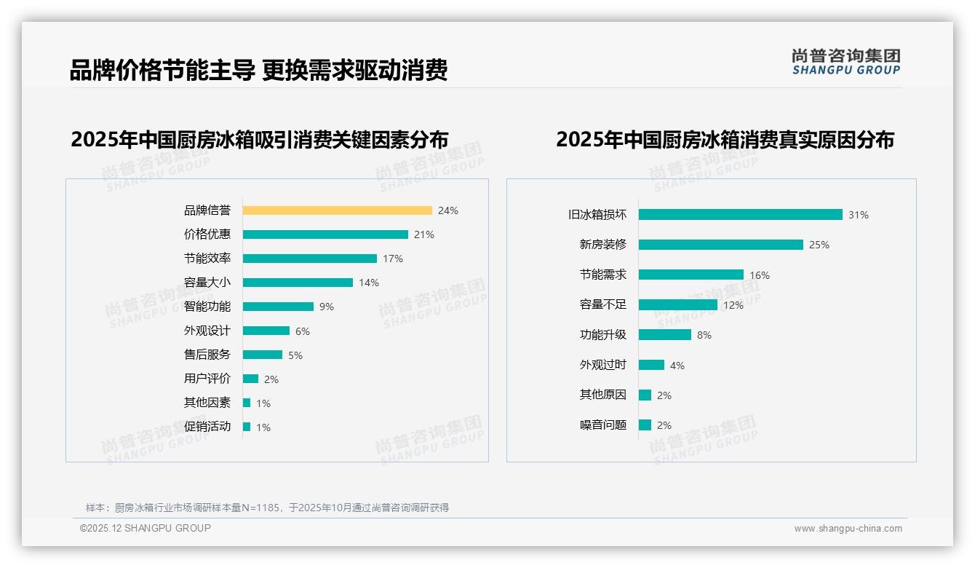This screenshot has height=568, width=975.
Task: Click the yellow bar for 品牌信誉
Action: [x=337, y=210]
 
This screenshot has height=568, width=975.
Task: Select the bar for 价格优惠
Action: [x=325, y=234]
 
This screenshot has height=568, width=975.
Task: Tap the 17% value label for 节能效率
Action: [x=393, y=259]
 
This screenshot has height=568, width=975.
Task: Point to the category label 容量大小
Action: [x=207, y=283]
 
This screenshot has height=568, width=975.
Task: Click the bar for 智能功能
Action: [x=278, y=307]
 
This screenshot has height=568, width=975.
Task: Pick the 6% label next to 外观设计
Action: [x=303, y=331]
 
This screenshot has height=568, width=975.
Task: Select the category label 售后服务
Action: [x=207, y=355]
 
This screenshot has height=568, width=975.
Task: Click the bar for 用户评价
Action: [x=250, y=379]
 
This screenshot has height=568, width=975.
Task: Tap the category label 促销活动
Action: [x=207, y=427]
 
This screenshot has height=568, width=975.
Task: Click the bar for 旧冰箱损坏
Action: [x=740, y=215]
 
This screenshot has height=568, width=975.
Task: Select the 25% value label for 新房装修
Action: [x=819, y=245]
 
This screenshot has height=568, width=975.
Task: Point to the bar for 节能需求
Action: [x=691, y=275]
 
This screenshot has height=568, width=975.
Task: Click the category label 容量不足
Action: [x=602, y=305]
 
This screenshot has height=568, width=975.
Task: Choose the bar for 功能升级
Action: [x=665, y=335]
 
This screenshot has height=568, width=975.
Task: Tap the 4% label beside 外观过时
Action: [x=677, y=366]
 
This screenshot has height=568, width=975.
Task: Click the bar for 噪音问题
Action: [x=645, y=425]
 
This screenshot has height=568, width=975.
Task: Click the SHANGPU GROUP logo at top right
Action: [x=845, y=62]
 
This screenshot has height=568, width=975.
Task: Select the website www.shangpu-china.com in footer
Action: [x=848, y=529]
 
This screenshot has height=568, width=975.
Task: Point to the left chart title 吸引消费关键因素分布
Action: [x=259, y=139]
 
